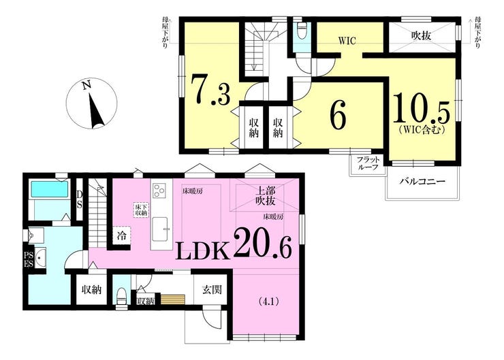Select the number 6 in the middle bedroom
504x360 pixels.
[x=338, y=114]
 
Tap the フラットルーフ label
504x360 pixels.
[x=367, y=166]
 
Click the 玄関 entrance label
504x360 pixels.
[x=212, y=290]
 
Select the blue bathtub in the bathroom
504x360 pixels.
[x=49, y=189]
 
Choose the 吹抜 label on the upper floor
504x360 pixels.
[x=422, y=35]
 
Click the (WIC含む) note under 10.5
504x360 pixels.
[x=422, y=130]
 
